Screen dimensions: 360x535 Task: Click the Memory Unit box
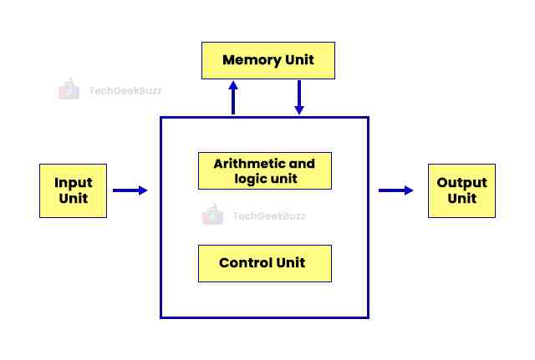click(x=268, y=60)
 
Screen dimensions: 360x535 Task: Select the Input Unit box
click(x=74, y=190)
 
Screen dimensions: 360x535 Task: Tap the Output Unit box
click(x=461, y=190)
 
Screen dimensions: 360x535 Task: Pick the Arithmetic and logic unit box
click(x=264, y=170)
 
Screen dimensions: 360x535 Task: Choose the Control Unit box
click(x=264, y=263)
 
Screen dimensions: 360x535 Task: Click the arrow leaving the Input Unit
click(x=130, y=190)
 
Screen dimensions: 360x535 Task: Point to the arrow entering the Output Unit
click(x=396, y=190)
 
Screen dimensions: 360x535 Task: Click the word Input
click(x=74, y=183)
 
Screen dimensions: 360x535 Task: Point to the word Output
click(x=461, y=183)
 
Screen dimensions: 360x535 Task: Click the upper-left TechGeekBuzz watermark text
click(x=125, y=90)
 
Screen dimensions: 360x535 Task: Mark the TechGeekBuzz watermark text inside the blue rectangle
click(x=267, y=215)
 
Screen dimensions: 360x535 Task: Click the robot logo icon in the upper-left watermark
click(x=69, y=89)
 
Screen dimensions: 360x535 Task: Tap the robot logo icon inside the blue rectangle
click(x=212, y=215)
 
